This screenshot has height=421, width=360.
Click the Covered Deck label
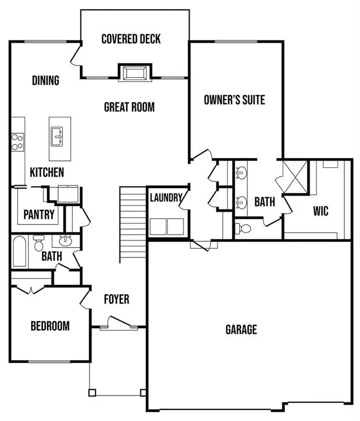[131, 39]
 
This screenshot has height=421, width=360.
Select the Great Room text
[129, 107]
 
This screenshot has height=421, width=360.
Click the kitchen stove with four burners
[17, 142]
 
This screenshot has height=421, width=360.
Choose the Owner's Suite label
[234, 100]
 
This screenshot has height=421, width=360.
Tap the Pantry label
[38, 214]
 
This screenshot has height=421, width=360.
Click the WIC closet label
[321, 210]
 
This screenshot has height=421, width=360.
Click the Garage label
[241, 329]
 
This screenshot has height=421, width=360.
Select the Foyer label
[117, 299]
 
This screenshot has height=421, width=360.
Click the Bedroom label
[50, 326]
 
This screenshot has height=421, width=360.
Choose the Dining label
[45, 81]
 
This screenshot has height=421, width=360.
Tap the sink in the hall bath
[66, 241]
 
